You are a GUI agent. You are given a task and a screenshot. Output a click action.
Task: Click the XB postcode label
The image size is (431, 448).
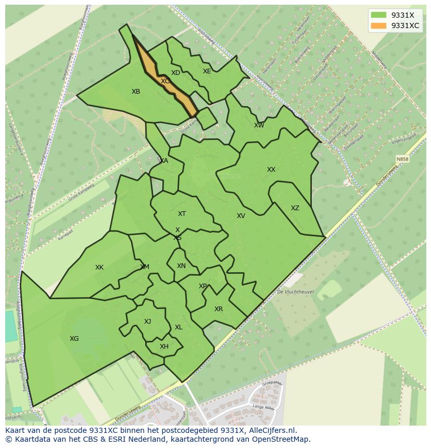click(x=136, y=92)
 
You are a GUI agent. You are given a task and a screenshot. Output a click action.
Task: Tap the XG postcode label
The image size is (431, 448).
click(x=74, y=339)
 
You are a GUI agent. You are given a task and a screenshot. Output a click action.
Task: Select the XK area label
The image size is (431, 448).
click(x=99, y=267)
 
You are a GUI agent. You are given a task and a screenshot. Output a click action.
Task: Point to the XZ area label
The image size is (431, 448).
click(x=295, y=208)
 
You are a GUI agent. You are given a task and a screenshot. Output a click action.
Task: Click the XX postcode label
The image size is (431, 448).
click(x=271, y=170)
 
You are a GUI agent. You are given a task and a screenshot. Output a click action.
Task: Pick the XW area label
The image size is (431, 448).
click(x=259, y=125)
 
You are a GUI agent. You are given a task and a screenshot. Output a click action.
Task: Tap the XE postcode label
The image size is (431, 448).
click(x=207, y=71)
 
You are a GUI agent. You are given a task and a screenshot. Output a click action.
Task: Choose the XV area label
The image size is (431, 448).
click(x=241, y=216)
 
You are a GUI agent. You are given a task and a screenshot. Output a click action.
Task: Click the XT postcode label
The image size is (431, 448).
click(x=182, y=214)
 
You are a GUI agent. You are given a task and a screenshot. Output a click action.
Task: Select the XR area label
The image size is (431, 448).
click(x=219, y=309)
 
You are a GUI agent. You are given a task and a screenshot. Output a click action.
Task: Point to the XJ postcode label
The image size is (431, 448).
click(x=148, y=322)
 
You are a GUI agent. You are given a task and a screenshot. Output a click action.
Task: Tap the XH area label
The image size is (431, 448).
click(x=164, y=347)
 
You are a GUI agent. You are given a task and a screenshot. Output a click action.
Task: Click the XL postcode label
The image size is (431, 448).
click(x=179, y=327)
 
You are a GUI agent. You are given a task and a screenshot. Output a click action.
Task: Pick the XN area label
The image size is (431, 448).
click(x=181, y=266)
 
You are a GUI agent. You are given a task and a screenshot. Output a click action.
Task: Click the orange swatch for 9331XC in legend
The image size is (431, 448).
click(x=378, y=25)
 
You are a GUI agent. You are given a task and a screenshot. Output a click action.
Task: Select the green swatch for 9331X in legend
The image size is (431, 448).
click(x=378, y=15)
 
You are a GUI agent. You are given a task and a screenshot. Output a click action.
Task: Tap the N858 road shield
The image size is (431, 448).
click(x=402, y=159)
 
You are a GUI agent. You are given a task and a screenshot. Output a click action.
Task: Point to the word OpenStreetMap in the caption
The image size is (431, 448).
click(x=284, y=439)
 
